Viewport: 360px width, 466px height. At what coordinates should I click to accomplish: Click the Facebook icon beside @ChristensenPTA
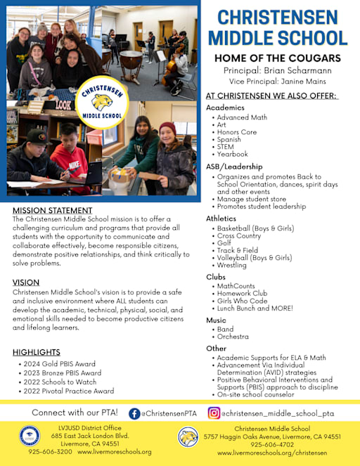(134, 413)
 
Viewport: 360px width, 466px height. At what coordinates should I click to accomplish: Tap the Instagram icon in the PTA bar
(214, 413)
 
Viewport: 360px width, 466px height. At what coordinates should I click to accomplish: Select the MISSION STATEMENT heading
(52, 210)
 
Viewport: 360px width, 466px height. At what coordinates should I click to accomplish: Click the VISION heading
(26, 283)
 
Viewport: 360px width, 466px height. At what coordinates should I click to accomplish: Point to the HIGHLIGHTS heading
(37, 352)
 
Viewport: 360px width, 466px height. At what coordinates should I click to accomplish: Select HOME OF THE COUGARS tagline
(277, 58)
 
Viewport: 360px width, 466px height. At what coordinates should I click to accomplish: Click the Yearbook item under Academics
(233, 154)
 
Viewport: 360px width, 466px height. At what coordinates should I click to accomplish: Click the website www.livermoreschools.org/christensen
(272, 453)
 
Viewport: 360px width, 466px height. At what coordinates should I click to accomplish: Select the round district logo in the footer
(30, 436)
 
